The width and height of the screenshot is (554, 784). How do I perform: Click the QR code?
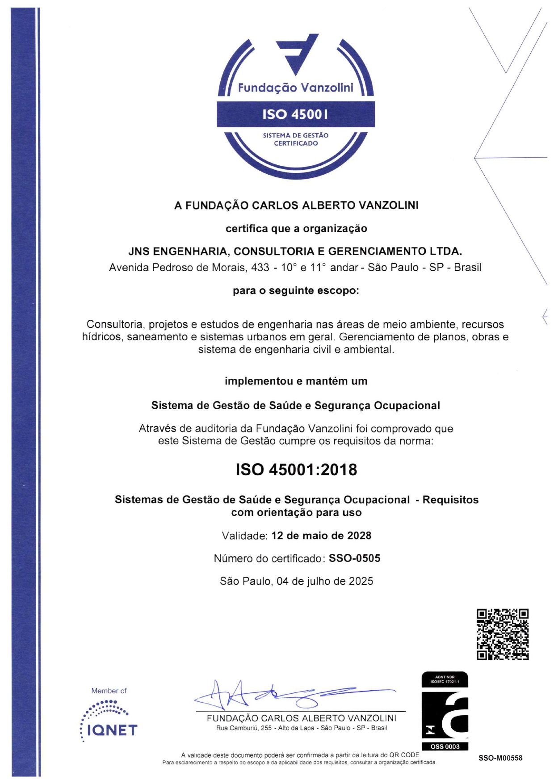(x=503, y=634)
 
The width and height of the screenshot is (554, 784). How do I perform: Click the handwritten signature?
(x=286, y=695)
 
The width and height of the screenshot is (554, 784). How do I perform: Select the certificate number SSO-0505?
(x=354, y=558)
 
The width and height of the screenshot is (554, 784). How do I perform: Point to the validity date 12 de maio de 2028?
(x=321, y=535)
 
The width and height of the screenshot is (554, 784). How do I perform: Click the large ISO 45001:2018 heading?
(x=296, y=470)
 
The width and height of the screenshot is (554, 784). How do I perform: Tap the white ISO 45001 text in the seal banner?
(x=295, y=114)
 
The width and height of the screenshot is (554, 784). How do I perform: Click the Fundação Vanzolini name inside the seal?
(x=295, y=88)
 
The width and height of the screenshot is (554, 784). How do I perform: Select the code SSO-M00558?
(x=500, y=758)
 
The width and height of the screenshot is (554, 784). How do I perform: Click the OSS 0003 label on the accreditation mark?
(x=445, y=746)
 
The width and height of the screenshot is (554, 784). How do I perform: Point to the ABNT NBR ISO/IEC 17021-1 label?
(x=445, y=679)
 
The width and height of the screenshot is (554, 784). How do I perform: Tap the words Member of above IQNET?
(x=109, y=691)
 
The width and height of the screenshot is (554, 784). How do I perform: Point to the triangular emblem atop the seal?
(x=297, y=52)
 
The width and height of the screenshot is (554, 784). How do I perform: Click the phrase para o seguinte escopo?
(x=296, y=291)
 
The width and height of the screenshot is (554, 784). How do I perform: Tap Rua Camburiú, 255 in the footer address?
(x=244, y=728)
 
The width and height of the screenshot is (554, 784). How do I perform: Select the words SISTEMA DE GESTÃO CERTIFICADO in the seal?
(x=295, y=139)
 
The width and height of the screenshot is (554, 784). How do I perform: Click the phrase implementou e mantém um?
(x=296, y=381)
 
